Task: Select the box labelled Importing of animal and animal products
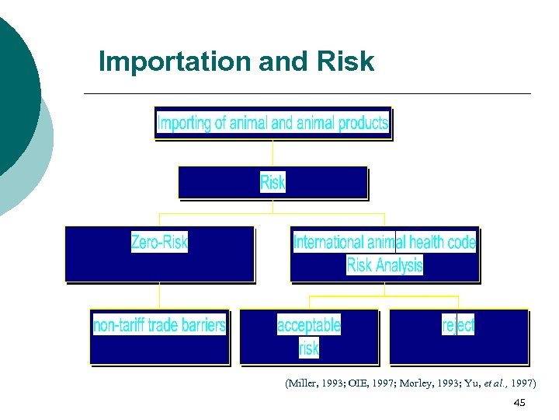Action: pos(273,123)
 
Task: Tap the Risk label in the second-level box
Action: pos(273,183)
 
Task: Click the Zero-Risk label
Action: pos(159,242)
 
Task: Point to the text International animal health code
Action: pos(384,242)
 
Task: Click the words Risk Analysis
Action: pos(384,265)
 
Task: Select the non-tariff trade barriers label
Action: pos(159,324)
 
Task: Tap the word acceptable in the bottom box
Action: pos(308,324)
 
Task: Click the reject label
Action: pos(458,324)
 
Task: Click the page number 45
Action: pos(519,402)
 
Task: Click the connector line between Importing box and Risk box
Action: pos(273,152)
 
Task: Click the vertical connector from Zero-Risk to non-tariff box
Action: pos(159,295)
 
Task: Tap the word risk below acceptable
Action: pos(308,348)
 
